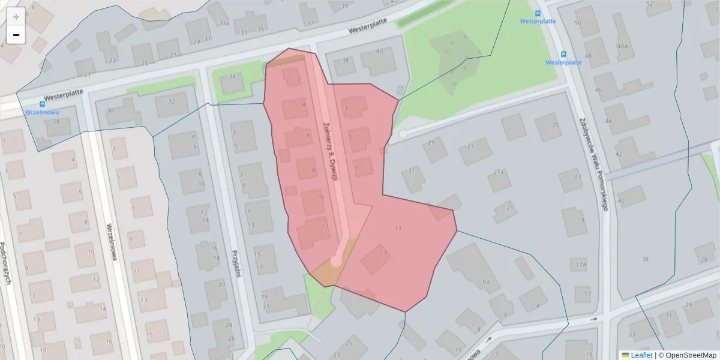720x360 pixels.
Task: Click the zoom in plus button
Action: [16, 17]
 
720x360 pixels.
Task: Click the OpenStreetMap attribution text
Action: [690, 355]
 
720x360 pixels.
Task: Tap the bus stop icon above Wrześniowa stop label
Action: [44, 103]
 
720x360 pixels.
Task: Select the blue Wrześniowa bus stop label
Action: [41, 112]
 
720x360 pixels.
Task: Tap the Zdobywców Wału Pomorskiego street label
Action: [594, 162]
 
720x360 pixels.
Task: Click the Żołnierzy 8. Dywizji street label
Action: [329, 150]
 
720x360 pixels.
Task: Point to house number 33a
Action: [224, 23]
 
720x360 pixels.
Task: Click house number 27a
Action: [499, 172]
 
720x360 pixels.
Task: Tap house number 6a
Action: [487, 281]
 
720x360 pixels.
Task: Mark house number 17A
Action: [580, 265]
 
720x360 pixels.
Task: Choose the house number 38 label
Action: [645, 259]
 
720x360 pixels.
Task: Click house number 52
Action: [649, 4]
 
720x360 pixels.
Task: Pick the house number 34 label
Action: [232, 77]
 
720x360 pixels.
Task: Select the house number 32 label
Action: [172, 101]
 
